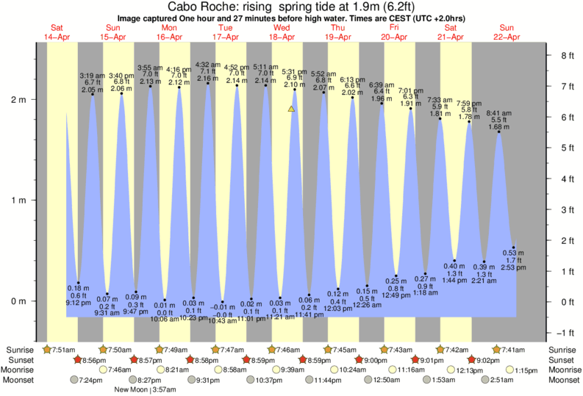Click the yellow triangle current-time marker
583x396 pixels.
pos(292,109)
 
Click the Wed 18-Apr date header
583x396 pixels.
pos(282,32)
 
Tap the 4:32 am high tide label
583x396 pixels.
pos(208,65)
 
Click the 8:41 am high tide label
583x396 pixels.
pos(500,112)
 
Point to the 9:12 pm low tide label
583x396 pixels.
pos(79,302)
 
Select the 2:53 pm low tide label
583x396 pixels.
pos(514,268)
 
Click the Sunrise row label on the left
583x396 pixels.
pos(18,350)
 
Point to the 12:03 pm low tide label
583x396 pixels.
pos(338,309)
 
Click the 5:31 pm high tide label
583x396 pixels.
pos(295,72)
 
